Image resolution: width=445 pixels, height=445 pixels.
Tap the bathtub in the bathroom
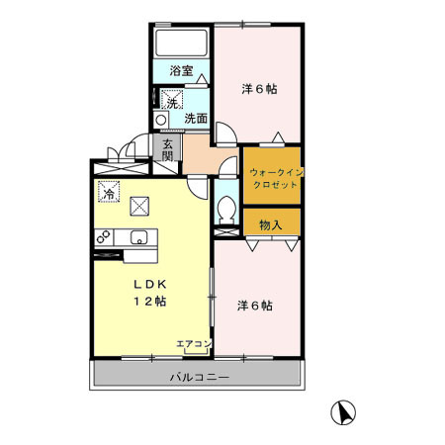[x=181, y=43]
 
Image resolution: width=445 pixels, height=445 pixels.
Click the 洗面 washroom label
[x=196, y=119]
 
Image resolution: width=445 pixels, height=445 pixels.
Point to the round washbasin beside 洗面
[x=161, y=119]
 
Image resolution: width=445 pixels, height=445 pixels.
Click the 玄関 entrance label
[x=167, y=149]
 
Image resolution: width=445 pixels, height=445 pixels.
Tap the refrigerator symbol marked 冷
[x=107, y=191]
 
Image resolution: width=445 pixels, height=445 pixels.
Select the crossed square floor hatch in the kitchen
[x=140, y=206]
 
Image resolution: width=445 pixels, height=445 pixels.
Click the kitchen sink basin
[x=139, y=237]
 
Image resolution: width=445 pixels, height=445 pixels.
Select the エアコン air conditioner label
[x=194, y=344]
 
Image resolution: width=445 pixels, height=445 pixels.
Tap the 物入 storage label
[x=270, y=224]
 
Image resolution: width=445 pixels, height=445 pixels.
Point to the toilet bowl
[x=227, y=209]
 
